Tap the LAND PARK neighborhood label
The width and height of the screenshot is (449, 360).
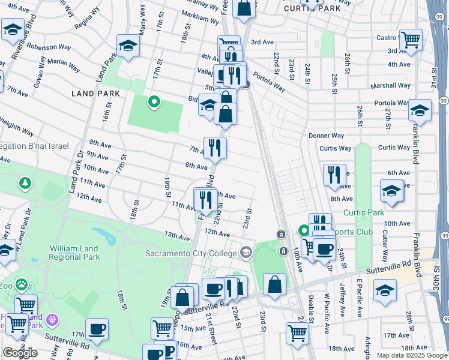[x=95, y=94]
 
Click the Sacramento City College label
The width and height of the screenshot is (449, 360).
[x=191, y=253]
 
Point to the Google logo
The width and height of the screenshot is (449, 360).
[x=20, y=353]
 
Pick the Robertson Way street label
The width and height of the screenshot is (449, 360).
[x=49, y=47]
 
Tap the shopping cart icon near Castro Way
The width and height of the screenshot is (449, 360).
[x=411, y=40]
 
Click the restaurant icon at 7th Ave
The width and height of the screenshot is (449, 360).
[x=215, y=147]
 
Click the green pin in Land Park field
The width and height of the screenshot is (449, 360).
[x=154, y=102]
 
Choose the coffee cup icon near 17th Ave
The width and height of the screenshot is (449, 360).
[x=97, y=329]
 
